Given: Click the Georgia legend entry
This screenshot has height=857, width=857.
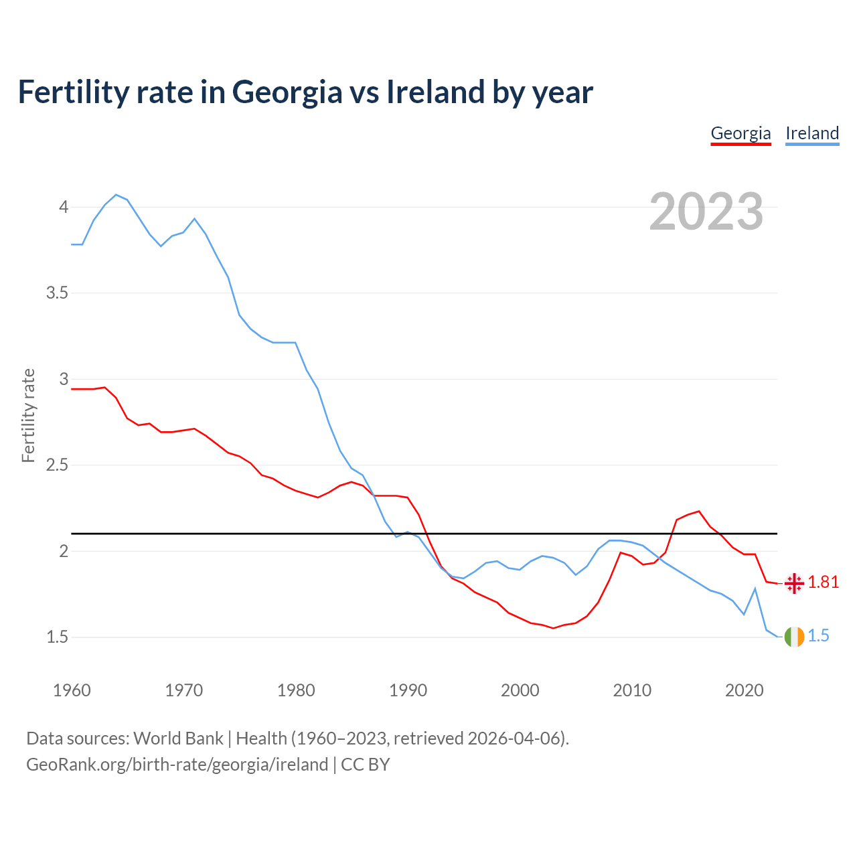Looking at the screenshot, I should click(x=741, y=133).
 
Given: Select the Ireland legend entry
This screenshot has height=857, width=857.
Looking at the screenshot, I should click(x=812, y=133).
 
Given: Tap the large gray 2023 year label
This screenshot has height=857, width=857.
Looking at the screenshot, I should click(x=706, y=212).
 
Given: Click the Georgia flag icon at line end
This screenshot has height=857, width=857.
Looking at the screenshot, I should click(x=794, y=583).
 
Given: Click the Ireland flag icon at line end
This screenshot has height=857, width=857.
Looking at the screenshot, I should click(x=794, y=637).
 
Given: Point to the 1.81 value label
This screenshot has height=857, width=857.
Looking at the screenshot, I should click(x=824, y=582).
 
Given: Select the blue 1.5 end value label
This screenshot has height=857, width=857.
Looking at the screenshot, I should click(x=819, y=636).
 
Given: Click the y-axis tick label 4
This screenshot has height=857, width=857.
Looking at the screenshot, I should click(x=64, y=207).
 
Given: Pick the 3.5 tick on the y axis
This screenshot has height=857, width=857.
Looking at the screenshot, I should click(x=58, y=293).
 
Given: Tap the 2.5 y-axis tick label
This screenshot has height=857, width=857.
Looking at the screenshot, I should click(x=58, y=465).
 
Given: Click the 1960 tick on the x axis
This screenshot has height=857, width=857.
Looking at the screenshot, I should click(x=72, y=690).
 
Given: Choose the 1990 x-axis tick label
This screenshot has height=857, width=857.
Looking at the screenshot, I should click(x=408, y=690).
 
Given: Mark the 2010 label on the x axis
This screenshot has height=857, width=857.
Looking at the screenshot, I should click(x=632, y=690).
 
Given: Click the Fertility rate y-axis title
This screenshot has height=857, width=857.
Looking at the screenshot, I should click(x=28, y=415).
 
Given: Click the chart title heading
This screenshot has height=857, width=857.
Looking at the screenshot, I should click(x=305, y=92).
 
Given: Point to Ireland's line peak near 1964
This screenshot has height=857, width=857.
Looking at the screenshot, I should click(x=116, y=195).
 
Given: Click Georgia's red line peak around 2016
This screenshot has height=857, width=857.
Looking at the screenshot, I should click(x=699, y=512).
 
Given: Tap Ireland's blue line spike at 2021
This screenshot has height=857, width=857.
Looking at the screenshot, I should click(x=755, y=589).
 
